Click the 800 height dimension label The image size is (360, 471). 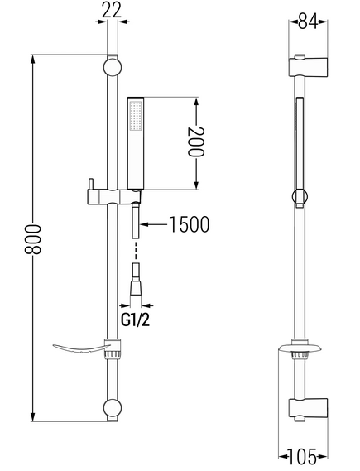[x=32, y=239]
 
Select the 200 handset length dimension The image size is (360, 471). [x=196, y=142]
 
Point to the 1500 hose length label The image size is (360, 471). [x=190, y=224]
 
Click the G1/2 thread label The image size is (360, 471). [x=135, y=320]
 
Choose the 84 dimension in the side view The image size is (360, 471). [x=308, y=22]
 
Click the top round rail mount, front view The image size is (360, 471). [x=113, y=67]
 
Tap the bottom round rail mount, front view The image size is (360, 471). [x=113, y=408]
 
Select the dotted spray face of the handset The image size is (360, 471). [x=136, y=116]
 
